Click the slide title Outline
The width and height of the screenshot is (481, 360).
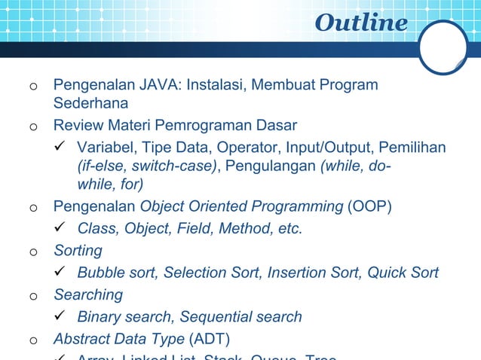360,23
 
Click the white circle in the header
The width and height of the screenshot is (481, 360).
444,47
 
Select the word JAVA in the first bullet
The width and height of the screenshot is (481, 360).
157,84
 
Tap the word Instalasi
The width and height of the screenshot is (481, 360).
212,84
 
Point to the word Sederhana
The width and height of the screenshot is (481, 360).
90,102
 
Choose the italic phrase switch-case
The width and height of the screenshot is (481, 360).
174,165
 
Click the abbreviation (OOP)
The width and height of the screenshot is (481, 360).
369,206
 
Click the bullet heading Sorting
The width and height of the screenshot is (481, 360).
78,250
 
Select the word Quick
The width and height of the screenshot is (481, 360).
384,272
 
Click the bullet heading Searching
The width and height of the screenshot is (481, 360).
87,294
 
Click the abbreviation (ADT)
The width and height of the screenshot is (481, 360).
210,338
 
